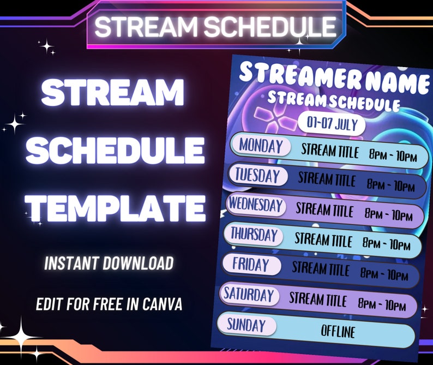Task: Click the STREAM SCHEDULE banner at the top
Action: (x=215, y=26)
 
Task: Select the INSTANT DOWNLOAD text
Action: (x=109, y=264)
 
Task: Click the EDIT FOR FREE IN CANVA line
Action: (x=109, y=304)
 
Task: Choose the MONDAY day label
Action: (x=261, y=146)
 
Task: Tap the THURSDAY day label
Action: (x=254, y=235)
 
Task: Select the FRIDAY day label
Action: (x=251, y=265)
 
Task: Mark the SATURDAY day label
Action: (x=249, y=295)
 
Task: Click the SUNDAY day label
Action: (x=246, y=325)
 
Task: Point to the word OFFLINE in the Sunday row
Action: (x=338, y=331)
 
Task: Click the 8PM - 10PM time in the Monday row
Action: (x=393, y=156)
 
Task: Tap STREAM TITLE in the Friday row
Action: (x=321, y=268)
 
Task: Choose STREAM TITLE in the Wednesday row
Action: (x=324, y=210)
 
